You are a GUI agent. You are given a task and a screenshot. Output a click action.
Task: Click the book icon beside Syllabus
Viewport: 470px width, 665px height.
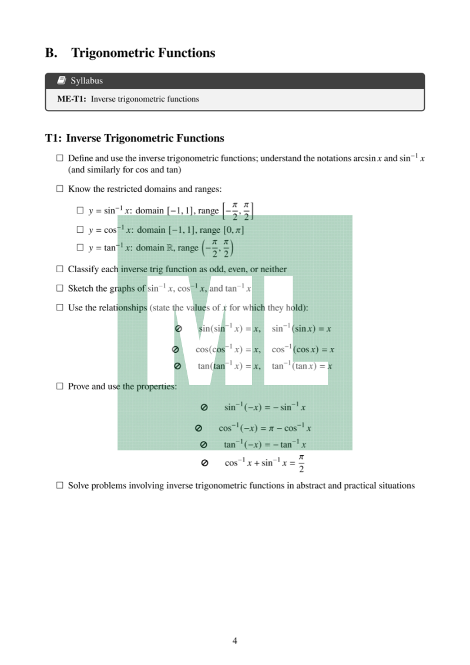62,81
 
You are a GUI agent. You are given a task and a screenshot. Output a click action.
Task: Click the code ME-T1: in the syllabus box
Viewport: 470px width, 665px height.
72,99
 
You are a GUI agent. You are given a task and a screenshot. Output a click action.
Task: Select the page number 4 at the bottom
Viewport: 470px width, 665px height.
235,641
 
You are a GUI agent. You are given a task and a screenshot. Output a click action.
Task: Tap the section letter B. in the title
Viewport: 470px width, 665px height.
52,53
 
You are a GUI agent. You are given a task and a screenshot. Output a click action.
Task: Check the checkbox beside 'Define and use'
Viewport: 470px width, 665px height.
59,159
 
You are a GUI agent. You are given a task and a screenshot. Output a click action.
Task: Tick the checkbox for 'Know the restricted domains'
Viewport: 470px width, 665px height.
59,189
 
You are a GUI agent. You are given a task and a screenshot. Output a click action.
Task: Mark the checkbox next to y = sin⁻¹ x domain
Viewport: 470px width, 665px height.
80,210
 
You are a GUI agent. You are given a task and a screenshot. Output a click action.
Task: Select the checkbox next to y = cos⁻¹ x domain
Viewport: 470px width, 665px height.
80,230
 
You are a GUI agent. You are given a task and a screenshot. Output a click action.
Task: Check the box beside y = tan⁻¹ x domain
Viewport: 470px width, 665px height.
80,248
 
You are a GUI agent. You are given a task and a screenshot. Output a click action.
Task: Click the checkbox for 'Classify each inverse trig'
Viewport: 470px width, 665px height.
59,269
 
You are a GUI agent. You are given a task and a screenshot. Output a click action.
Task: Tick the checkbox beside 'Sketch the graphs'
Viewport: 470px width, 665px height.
59,289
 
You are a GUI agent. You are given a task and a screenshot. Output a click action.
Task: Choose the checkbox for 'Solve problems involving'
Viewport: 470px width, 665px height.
59,486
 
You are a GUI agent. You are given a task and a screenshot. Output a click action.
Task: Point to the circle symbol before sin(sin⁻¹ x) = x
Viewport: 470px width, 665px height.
178,329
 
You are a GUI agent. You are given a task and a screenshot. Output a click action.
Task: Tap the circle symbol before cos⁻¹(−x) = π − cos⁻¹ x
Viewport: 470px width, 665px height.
199,428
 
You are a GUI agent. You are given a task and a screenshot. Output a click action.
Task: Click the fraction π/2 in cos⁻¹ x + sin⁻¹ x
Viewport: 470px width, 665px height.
301,463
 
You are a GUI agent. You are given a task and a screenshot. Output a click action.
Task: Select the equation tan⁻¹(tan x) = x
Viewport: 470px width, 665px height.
302,366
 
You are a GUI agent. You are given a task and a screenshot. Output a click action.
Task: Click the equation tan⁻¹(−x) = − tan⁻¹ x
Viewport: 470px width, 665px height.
265,445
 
